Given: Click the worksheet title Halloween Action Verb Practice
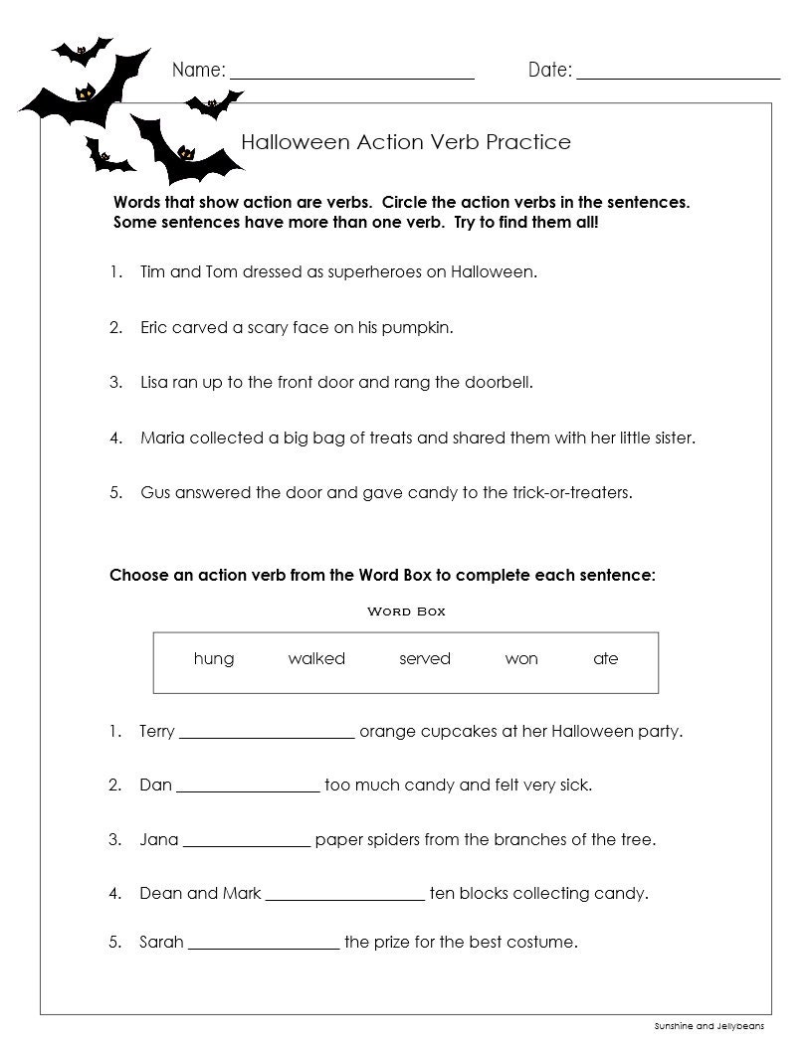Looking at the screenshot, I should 406,142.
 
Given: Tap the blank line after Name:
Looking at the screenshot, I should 352,75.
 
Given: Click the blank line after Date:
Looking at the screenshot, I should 678,75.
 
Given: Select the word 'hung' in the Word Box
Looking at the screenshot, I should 214,659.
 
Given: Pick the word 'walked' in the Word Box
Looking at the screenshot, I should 316,659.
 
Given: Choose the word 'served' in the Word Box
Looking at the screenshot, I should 425,659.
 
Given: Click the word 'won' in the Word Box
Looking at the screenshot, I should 521,659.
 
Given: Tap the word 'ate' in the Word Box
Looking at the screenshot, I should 605,659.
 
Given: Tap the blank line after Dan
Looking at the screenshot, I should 248,789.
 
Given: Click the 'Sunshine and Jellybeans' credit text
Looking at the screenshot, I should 709,1025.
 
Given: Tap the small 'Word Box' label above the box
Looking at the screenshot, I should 406,612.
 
